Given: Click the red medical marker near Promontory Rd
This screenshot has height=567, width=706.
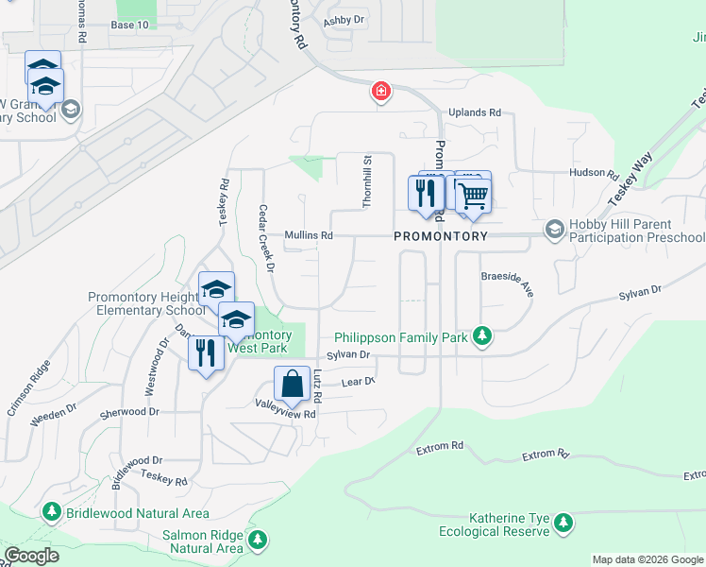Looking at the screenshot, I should click(x=379, y=92).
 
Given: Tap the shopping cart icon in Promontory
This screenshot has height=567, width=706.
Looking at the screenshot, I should click(x=474, y=195).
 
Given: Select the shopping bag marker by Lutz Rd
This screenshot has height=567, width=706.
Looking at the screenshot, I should click(x=292, y=384).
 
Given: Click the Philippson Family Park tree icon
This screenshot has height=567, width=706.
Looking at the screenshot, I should click(x=482, y=337).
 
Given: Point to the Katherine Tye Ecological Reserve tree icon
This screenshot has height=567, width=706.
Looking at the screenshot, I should click(x=563, y=523).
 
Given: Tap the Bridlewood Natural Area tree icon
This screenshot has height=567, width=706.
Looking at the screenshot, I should click(x=53, y=513).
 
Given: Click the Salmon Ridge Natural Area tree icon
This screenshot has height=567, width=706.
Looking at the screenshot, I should click(x=257, y=541).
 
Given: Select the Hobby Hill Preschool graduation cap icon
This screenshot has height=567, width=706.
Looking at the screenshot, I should click(x=554, y=229).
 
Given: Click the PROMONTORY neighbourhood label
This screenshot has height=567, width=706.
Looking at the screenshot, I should click(x=441, y=236).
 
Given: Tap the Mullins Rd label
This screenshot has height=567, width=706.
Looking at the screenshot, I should click(x=309, y=235).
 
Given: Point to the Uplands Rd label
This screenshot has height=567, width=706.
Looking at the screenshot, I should click(x=475, y=112).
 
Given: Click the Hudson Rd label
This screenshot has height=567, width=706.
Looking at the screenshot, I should click(x=592, y=174).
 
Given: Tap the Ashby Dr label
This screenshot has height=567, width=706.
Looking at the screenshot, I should click(x=344, y=20).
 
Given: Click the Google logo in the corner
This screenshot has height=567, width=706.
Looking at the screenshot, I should click(x=33, y=556).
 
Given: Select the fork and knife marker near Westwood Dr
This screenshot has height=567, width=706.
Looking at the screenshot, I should click(x=205, y=352).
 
